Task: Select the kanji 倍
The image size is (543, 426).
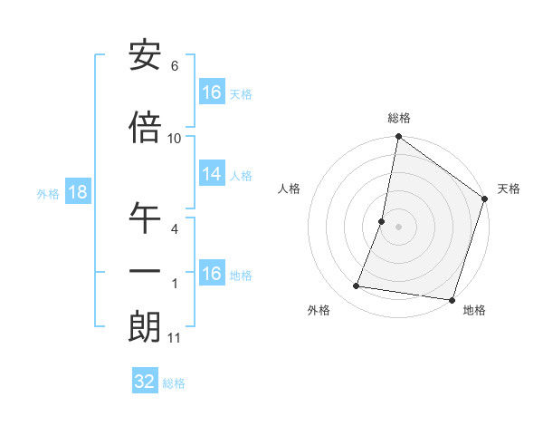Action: click(145, 129)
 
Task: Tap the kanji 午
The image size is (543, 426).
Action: click(145, 219)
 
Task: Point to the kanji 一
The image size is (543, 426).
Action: click(145, 273)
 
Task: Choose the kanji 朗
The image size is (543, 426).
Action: click(145, 328)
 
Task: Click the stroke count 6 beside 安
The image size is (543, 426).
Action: click(175, 66)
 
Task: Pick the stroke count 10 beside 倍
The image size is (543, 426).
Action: click(175, 139)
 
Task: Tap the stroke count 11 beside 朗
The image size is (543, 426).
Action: click(175, 338)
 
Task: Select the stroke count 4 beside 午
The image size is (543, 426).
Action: click(175, 229)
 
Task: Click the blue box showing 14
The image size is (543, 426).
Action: click(212, 175)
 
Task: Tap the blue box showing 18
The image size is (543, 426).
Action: click(77, 193)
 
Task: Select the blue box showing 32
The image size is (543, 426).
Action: click(145, 382)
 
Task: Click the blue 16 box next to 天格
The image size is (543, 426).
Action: click(212, 92)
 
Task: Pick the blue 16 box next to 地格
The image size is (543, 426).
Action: click(212, 274)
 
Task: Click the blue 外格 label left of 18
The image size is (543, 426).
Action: click(48, 194)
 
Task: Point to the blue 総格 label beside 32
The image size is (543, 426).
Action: click(174, 383)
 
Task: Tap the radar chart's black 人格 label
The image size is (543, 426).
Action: click(290, 189)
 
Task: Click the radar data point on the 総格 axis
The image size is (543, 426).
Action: click(398, 138)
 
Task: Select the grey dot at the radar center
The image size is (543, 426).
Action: click(398, 227)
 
